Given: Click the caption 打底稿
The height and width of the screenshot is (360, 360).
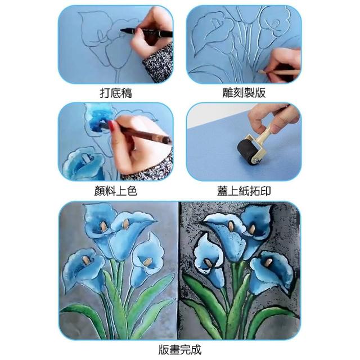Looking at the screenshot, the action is click(116, 93).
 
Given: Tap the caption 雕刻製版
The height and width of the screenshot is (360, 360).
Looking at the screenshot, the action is click(244, 93).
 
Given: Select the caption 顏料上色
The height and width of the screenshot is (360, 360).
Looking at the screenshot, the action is click(116, 191).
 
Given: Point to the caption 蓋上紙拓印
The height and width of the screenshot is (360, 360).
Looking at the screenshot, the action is click(244, 191).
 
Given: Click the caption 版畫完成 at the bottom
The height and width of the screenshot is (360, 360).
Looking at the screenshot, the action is click(180, 350).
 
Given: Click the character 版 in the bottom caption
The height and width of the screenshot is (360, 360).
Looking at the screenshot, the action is click(164, 350).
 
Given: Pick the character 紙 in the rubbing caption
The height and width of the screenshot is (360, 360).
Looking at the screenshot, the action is click(244, 191).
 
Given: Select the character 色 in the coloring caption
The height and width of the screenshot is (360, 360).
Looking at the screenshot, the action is click(132, 191).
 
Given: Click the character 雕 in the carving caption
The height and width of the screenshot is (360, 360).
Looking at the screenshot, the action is click(228, 93).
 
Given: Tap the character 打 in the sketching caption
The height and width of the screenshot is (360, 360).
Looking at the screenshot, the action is click(105, 93).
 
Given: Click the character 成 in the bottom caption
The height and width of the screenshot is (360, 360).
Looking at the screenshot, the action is click(196, 350).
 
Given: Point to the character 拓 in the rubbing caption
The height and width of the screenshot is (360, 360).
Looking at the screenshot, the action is click(255, 191).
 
